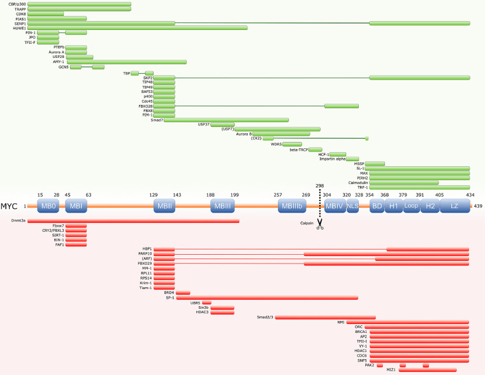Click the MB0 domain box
[x=48, y=206]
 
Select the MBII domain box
[x=164, y=206]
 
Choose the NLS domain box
[x=352, y=206]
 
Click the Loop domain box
[x=410, y=206]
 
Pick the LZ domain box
[x=454, y=206]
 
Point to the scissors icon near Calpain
[x=321, y=223]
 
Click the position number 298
[x=319, y=185]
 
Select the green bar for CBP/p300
[x=80, y=4]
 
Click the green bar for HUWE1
[x=138, y=28]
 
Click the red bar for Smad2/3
[x=325, y=317]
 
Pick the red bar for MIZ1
[x=428, y=369]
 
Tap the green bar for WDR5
[x=292, y=144]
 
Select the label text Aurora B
[x=244, y=133]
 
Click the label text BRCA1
[x=356, y=332]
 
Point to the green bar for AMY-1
[x=126, y=62]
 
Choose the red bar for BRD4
[x=183, y=293]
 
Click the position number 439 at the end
[x=478, y=206]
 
